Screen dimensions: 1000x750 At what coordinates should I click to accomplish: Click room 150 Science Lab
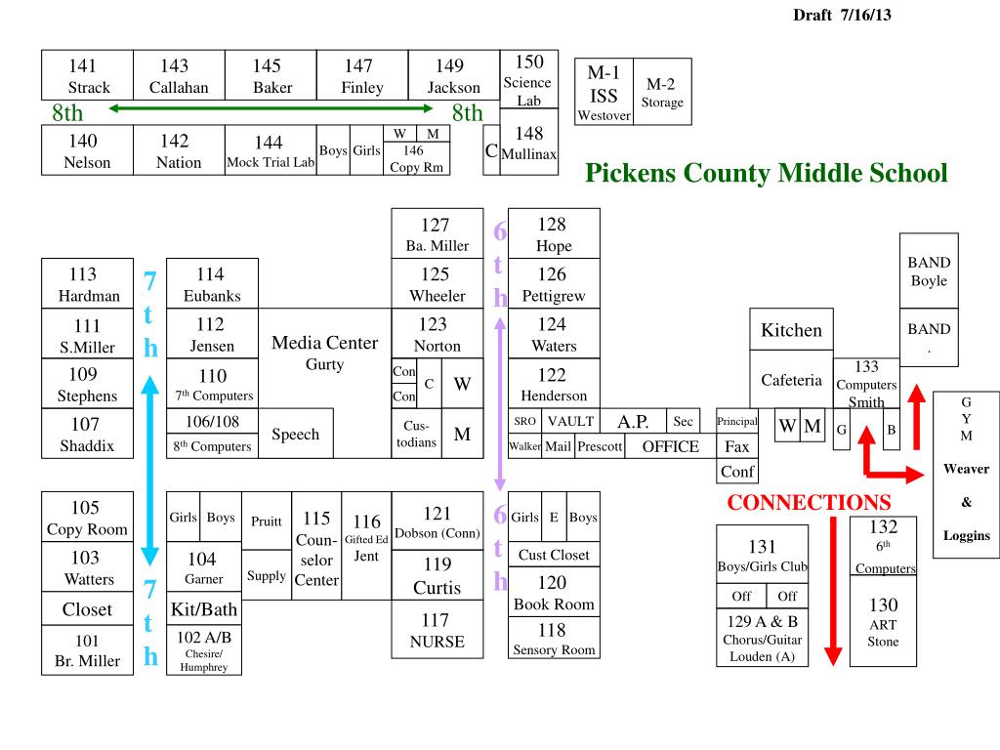tap(528, 80)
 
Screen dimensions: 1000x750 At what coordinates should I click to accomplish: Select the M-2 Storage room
tap(662, 92)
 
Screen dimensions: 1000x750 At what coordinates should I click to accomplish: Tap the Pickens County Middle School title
tap(767, 174)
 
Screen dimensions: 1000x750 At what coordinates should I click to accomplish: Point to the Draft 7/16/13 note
tap(842, 15)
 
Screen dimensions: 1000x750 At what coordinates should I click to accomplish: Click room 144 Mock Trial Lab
tap(271, 151)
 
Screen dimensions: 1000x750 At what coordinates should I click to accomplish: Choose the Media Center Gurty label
tap(324, 353)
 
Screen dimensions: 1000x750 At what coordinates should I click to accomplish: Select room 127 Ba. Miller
tap(437, 234)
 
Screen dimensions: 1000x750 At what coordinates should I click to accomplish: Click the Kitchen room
tap(791, 330)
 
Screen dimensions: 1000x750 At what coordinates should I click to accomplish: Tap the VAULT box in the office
tap(570, 421)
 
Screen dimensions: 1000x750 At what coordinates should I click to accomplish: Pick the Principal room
tap(736, 421)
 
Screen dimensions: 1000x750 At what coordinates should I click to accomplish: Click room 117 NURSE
tap(437, 630)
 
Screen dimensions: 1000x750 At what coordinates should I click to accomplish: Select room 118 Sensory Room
tap(553, 640)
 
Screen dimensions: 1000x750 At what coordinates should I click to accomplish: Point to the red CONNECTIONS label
tap(809, 503)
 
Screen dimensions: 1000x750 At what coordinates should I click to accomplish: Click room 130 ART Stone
tap(883, 623)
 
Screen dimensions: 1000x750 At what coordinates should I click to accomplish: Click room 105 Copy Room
tap(87, 518)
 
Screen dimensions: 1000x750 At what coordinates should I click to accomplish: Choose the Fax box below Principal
tap(737, 446)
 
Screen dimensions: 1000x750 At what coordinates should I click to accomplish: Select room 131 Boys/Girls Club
tap(762, 556)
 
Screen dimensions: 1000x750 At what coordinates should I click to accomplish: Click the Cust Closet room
tap(554, 555)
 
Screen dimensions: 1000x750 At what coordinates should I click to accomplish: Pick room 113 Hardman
tap(88, 284)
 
